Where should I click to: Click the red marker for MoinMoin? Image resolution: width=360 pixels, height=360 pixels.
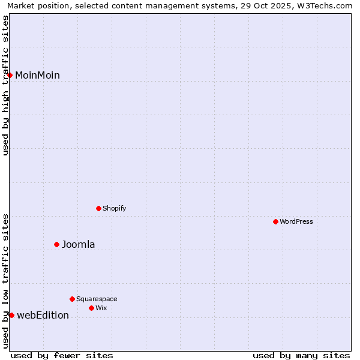(x=10, y=75)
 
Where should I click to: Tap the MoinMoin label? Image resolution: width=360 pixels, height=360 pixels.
(x=37, y=75)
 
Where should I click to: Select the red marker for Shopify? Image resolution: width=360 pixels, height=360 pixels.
(x=99, y=208)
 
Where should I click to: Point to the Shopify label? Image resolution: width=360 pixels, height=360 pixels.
(x=114, y=208)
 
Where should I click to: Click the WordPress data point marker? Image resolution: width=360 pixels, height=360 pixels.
(x=276, y=221)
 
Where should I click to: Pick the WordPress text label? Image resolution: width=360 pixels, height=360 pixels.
(x=296, y=221)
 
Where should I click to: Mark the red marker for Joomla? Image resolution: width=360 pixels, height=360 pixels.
(x=57, y=244)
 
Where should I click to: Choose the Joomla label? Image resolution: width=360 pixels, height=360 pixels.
(x=78, y=244)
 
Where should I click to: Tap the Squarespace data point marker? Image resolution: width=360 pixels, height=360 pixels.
(x=73, y=299)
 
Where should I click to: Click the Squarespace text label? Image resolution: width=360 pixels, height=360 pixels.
(x=97, y=299)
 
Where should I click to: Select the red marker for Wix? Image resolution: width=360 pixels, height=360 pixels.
(x=92, y=308)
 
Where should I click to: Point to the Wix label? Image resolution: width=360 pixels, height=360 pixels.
(x=101, y=308)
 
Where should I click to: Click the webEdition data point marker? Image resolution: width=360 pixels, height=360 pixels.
(x=11, y=315)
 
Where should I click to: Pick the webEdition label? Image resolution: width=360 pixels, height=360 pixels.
(x=43, y=315)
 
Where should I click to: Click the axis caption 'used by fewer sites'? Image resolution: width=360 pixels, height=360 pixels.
(x=62, y=355)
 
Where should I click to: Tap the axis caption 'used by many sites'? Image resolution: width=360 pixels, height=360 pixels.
(x=301, y=355)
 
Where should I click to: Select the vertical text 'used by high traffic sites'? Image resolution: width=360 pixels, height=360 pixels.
(x=5, y=85)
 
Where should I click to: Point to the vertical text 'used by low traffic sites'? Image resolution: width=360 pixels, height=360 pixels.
(x=5, y=281)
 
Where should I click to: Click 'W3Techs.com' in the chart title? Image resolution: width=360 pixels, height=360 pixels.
(x=328, y=5)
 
